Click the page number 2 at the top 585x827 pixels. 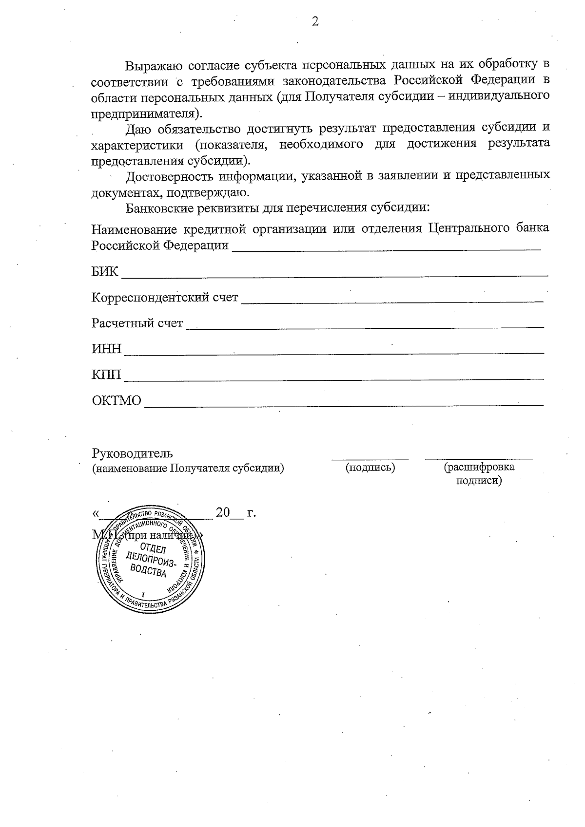315,21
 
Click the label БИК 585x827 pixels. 105,272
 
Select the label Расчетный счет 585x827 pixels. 137,323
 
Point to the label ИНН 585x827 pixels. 106,349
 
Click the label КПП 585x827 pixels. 106,375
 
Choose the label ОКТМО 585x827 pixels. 117,400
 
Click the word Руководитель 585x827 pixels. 132,453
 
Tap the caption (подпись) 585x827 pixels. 370,468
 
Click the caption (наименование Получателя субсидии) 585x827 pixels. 188,468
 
